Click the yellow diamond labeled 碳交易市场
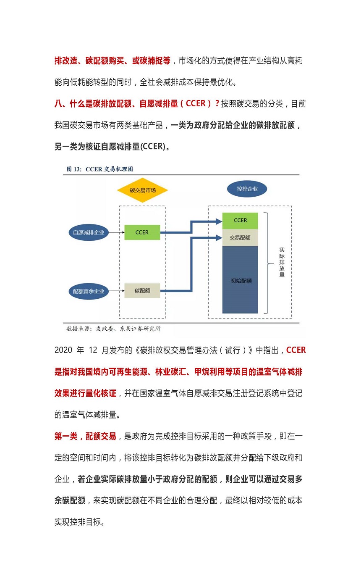(x=142, y=190)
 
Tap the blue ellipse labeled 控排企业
(x=247, y=189)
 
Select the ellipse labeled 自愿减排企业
(x=89, y=232)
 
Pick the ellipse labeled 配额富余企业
(x=89, y=291)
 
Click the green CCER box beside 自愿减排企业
(x=142, y=232)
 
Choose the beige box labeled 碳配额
(x=142, y=291)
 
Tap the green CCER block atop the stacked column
(x=240, y=221)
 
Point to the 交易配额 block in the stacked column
(x=240, y=237)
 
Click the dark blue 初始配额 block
(x=240, y=280)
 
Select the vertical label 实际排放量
(x=282, y=262)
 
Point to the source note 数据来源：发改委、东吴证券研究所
(x=113, y=329)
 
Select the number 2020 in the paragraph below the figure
(x=64, y=350)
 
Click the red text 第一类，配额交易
(x=85, y=437)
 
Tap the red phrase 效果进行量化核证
(x=85, y=393)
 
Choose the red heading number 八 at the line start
(x=59, y=103)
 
